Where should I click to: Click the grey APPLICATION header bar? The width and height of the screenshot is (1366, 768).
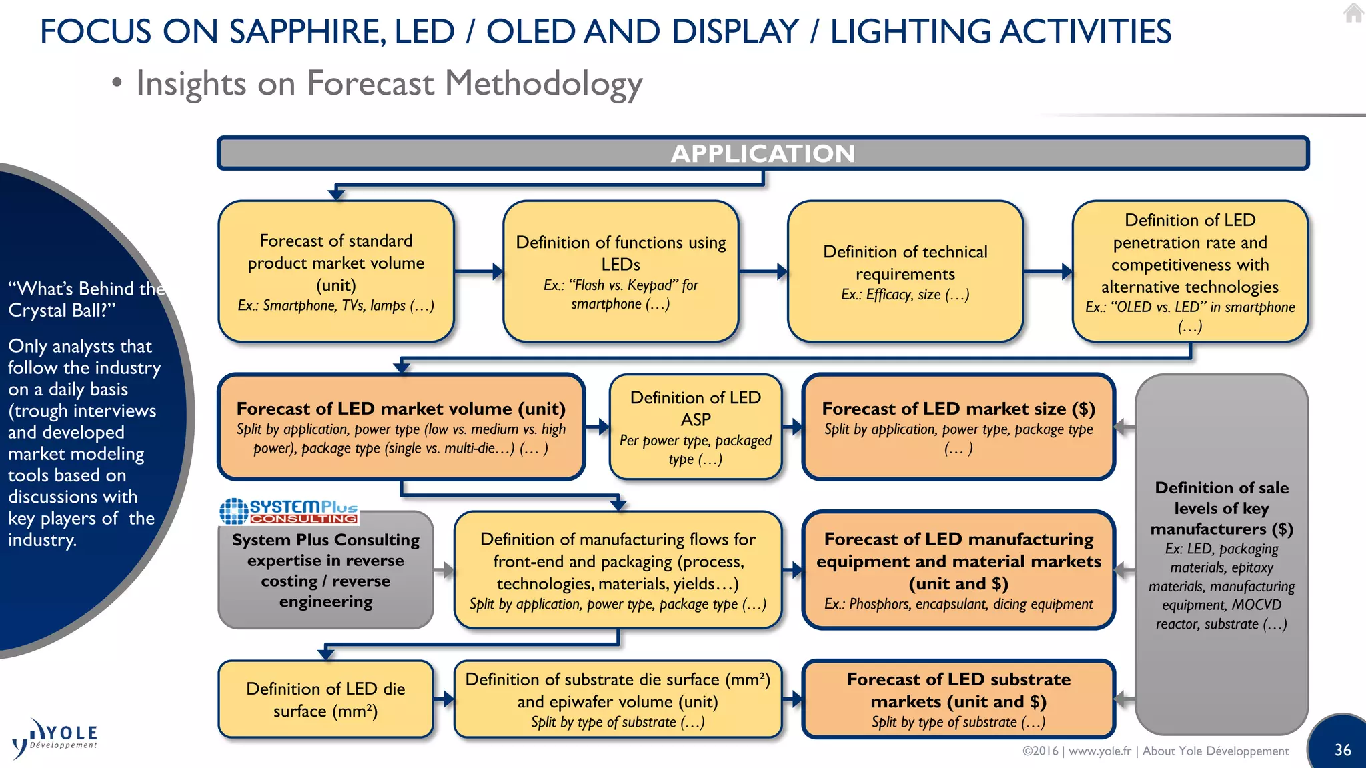point(763,153)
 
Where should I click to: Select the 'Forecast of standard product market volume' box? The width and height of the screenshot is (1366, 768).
point(336,271)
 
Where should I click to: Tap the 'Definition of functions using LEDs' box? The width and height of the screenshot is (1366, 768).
point(620,271)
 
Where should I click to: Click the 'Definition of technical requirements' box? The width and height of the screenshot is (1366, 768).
point(905,271)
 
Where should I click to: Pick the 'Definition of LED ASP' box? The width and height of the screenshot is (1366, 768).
point(695,427)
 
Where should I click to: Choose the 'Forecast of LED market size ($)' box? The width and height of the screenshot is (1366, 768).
point(958,427)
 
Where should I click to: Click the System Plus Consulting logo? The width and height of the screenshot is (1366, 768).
point(289,511)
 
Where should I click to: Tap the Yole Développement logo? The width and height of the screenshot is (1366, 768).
point(55,738)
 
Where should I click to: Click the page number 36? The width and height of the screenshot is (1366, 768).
point(1342,750)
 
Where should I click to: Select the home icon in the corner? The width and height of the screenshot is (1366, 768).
point(1353,13)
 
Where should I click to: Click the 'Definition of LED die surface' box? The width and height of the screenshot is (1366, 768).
point(325,699)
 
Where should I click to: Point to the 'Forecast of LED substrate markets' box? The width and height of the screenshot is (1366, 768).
point(958,699)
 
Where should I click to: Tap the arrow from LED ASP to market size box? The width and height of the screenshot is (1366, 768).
point(792,427)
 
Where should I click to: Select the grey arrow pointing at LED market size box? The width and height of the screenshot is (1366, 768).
point(1125,427)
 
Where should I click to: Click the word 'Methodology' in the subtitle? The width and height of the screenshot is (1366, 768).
point(543,84)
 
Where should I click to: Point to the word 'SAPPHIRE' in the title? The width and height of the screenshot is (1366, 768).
point(307,32)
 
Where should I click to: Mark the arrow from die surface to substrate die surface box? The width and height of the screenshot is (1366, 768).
point(444,699)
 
